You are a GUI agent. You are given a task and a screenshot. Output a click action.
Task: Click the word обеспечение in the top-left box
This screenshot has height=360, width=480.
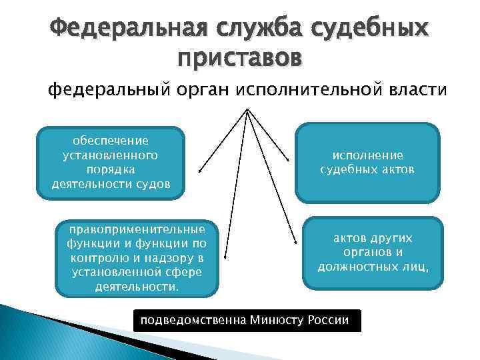click(x=111, y=141)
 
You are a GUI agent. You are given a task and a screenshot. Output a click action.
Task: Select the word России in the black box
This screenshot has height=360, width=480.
click(x=328, y=320)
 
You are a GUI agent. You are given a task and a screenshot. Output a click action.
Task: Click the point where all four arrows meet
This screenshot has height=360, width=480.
click(x=247, y=110)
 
